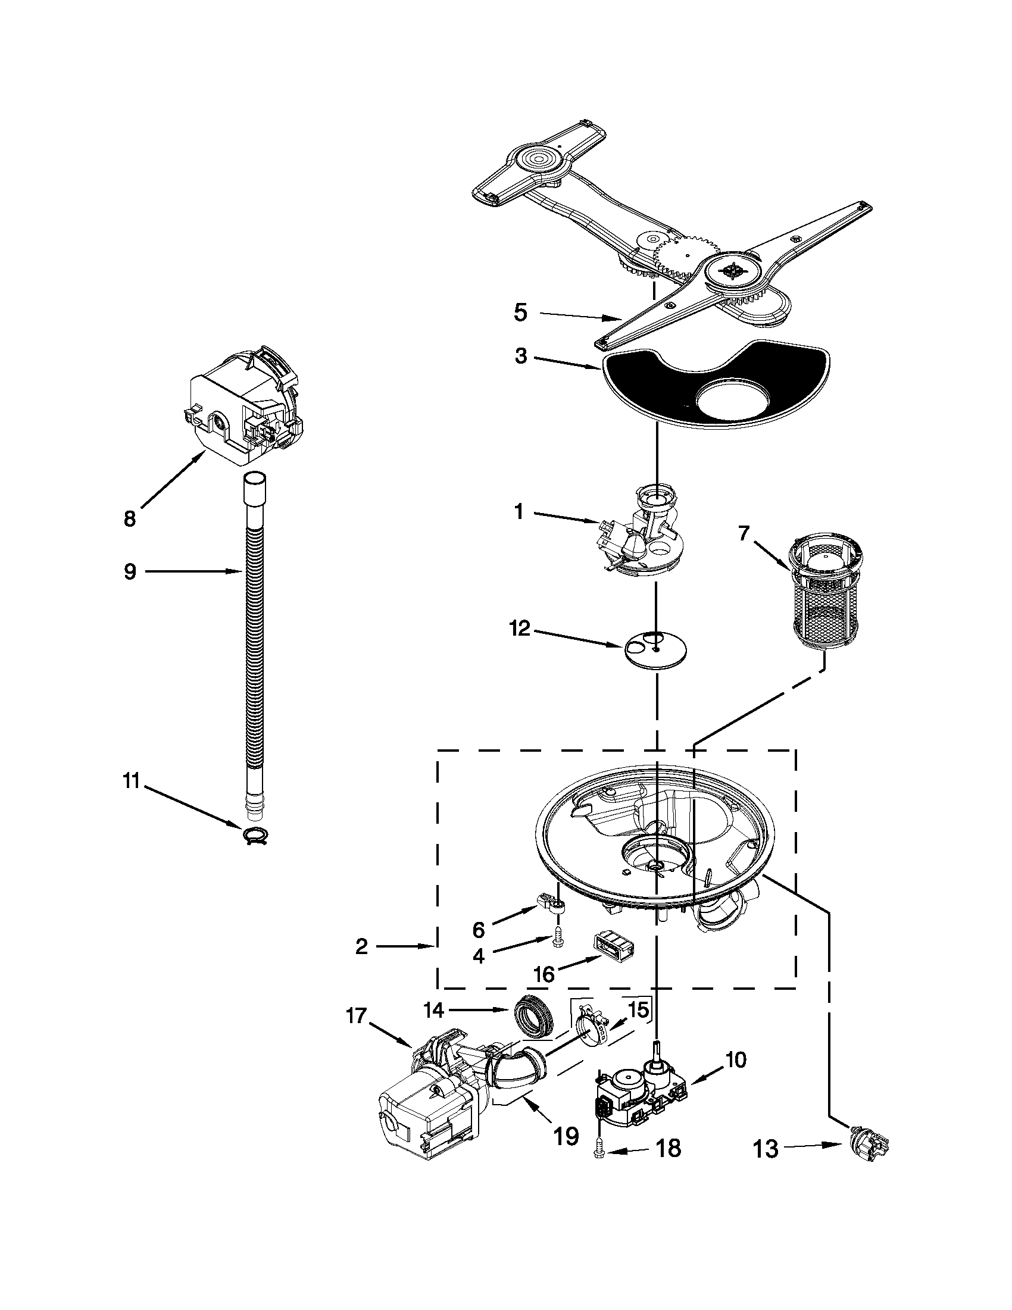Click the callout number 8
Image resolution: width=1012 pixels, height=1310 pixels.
tap(129, 518)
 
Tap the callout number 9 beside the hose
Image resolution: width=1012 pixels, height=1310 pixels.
tap(130, 571)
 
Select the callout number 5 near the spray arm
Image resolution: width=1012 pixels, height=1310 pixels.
tap(520, 312)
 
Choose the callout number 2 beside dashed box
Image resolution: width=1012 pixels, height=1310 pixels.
tap(361, 946)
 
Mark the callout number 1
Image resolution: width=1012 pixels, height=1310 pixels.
tap(519, 511)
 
